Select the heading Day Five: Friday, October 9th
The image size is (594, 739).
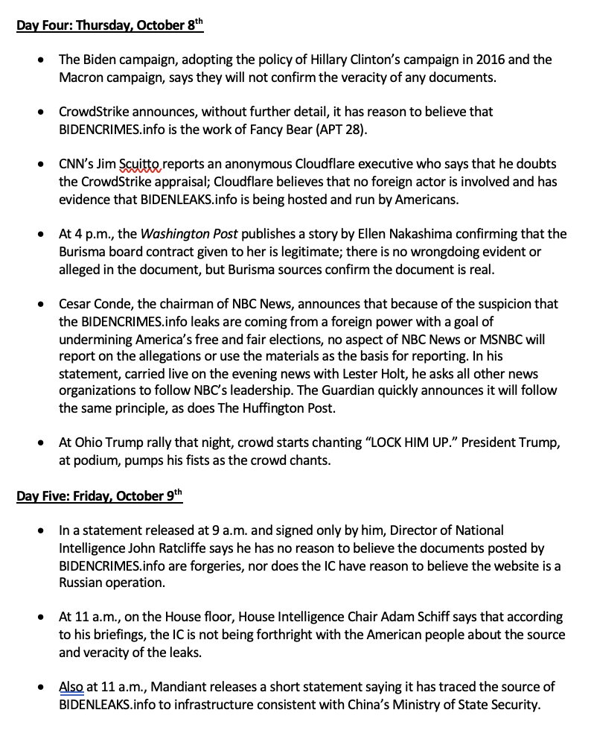click(x=100, y=497)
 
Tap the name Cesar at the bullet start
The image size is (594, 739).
click(x=75, y=304)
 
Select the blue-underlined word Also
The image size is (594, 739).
click(x=71, y=687)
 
